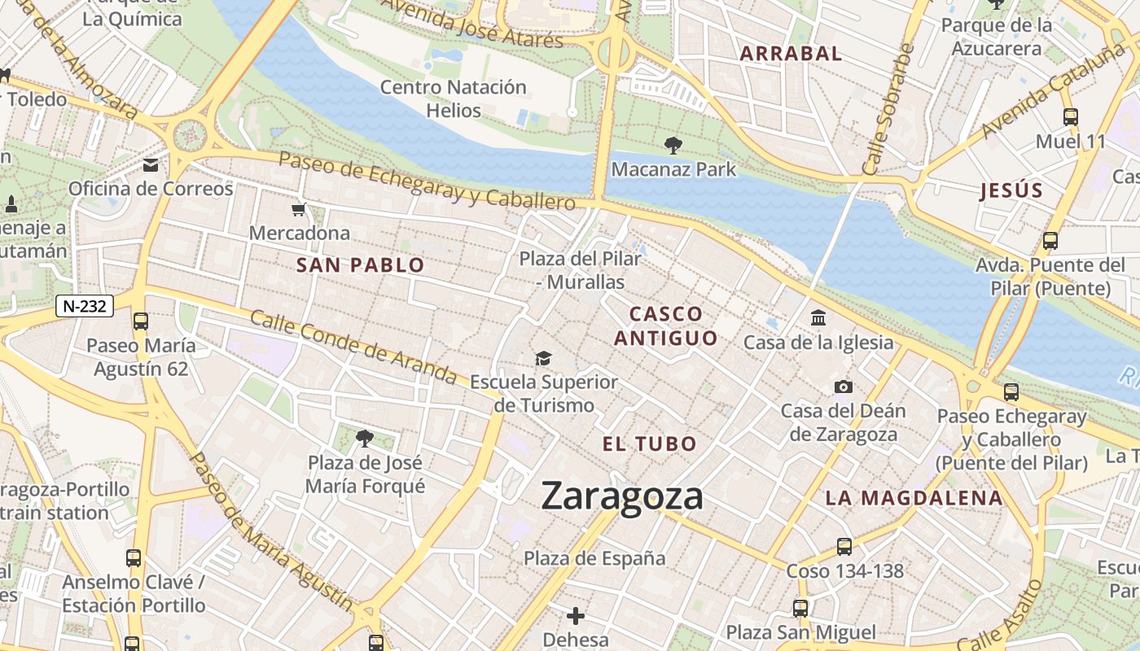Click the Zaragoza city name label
pos(622,496)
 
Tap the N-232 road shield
pos(85,306)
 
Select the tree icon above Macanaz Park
pos(673,146)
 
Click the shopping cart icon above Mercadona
pos(299,210)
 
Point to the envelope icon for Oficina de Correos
pos(151,166)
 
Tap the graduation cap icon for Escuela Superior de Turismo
pos(543,358)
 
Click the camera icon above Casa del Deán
pos(843,387)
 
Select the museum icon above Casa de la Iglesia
pos(818,318)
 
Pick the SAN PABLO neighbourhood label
pos(360,265)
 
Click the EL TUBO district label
pos(650,444)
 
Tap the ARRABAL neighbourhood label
pos(790,55)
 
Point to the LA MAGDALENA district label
pos(914,498)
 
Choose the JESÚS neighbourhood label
pos(1011,191)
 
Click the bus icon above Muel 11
pos(1070,117)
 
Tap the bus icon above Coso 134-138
pos(844,547)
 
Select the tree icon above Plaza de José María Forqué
pos(365,439)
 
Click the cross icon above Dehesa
pos(576,616)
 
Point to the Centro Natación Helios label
pos(454,98)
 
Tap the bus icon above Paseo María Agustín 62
pos(141,321)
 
